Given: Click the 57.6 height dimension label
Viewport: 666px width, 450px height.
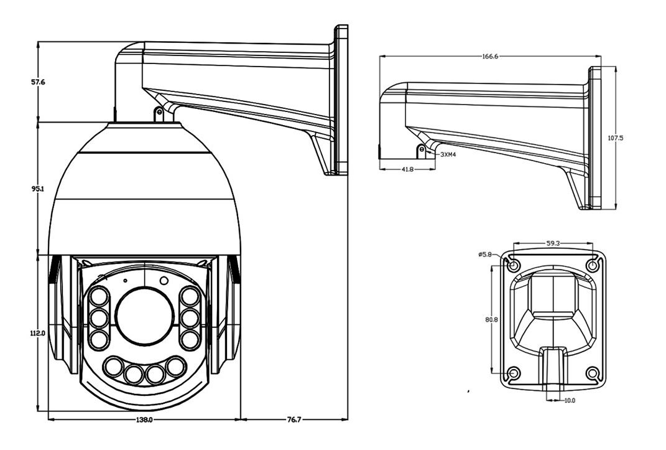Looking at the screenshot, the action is pos(38,82).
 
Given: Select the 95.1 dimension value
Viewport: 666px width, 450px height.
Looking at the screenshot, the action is pos(37,188).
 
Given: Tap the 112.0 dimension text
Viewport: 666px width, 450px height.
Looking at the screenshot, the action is pos(37,334).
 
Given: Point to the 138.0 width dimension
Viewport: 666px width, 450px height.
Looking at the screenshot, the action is pos(144,420).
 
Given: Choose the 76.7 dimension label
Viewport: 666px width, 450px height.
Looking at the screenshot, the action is pos(294,420).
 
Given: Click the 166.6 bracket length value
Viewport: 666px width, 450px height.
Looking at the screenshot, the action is pos(490,56).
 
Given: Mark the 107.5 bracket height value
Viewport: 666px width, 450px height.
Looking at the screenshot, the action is pos(616,138).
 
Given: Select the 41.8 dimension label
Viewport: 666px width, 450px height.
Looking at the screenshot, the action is pos(407,169).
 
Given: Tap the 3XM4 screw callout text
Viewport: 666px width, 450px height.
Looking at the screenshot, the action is pos(448,155).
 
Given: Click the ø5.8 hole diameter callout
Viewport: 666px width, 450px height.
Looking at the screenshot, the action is pos(484,255).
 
